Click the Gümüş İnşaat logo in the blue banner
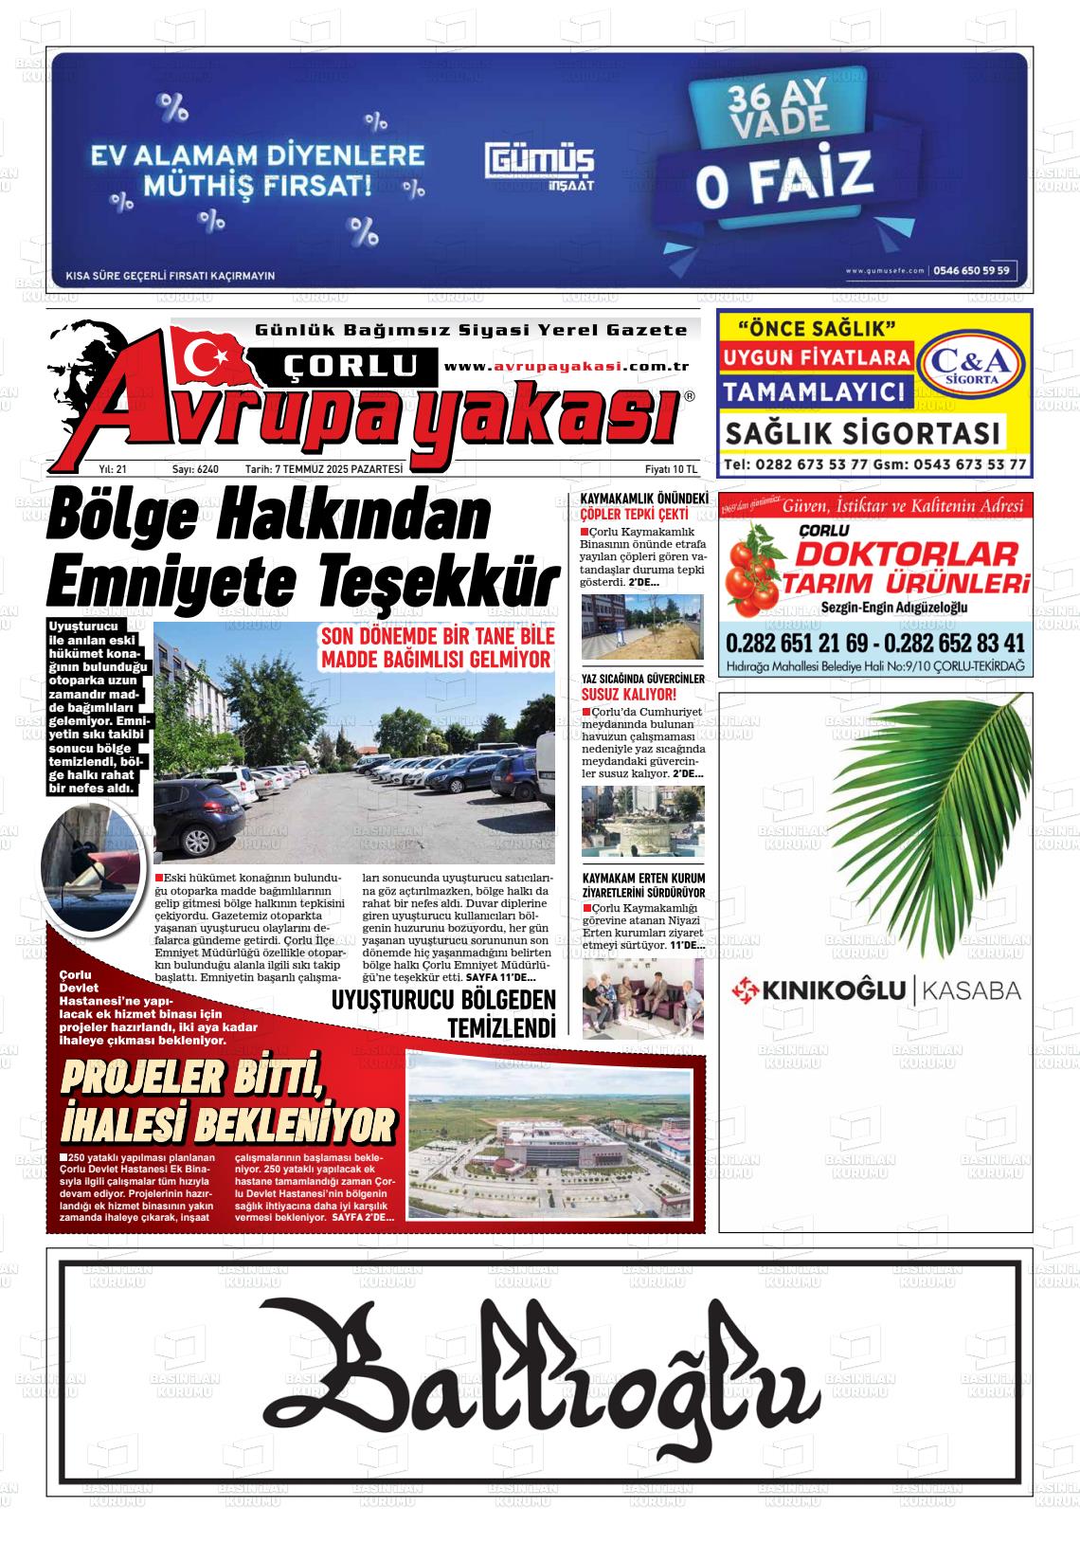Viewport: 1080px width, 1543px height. (541, 164)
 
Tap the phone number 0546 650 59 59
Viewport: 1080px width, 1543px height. (971, 270)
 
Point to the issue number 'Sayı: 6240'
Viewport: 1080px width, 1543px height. (195, 469)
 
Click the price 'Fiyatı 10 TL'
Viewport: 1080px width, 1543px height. (670, 469)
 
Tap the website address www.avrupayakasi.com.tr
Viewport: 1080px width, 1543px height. (566, 367)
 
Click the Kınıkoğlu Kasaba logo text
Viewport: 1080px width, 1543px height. (875, 991)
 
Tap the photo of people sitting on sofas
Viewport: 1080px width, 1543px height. (642, 998)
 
